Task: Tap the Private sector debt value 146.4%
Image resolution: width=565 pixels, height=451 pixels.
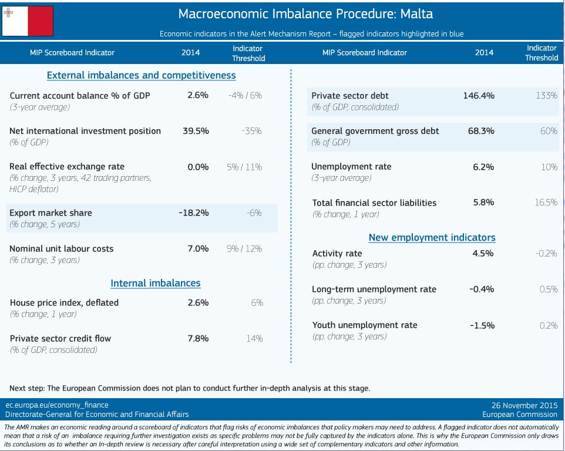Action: point(478,95)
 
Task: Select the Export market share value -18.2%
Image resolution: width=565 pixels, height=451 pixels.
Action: point(193,213)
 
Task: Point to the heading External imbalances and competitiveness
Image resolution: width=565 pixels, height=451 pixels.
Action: point(141,75)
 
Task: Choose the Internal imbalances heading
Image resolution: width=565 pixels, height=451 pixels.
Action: point(156,283)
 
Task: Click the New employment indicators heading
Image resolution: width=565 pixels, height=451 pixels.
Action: point(432,237)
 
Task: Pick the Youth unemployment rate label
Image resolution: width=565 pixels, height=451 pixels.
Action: point(365,325)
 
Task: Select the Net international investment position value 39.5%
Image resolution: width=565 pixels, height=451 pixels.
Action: point(196,131)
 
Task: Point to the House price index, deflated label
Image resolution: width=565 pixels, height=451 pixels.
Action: point(64,302)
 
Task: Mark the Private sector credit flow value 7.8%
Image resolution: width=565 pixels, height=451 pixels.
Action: point(198,338)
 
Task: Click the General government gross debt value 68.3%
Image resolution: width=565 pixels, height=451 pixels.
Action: point(481,131)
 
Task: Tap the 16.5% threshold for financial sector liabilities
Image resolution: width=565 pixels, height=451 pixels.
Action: point(546,202)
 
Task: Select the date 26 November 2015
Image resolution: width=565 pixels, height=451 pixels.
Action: point(524,405)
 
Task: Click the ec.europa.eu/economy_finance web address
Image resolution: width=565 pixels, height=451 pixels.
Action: point(57,405)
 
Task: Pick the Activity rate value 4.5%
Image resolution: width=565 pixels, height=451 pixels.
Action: point(483,253)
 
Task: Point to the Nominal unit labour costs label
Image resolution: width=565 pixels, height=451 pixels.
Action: point(62,248)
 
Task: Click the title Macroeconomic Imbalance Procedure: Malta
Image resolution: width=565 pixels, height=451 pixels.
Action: point(305,14)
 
